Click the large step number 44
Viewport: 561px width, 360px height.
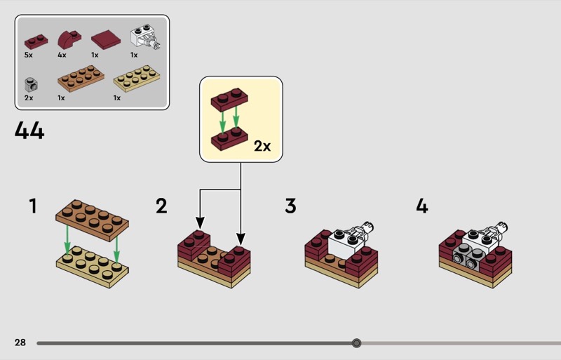click(x=29, y=131)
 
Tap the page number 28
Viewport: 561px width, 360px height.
click(x=20, y=342)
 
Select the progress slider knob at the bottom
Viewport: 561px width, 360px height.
click(x=356, y=343)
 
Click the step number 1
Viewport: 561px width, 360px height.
click(x=32, y=206)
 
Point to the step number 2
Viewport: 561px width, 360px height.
click(x=162, y=206)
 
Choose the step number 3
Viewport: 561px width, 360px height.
click(x=290, y=206)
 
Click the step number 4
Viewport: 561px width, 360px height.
click(x=421, y=206)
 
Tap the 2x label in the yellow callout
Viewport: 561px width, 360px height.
click(x=262, y=147)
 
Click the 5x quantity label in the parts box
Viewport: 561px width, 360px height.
click(x=28, y=55)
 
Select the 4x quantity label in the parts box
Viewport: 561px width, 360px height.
click(x=62, y=55)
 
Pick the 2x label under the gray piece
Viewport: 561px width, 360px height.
click(x=28, y=98)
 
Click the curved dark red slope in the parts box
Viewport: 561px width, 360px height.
click(x=69, y=38)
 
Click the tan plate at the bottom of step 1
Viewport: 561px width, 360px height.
click(x=91, y=267)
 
